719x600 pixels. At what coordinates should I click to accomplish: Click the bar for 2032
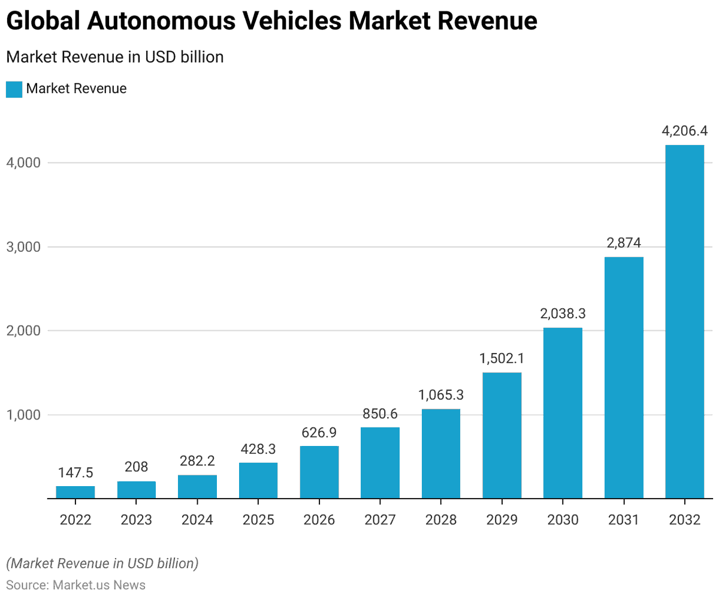pyautogui.click(x=684, y=321)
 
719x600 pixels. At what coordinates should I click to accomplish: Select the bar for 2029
pyautogui.click(x=502, y=435)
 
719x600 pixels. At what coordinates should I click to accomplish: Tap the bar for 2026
pyautogui.click(x=319, y=472)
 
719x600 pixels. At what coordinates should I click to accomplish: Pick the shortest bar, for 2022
pyautogui.click(x=75, y=492)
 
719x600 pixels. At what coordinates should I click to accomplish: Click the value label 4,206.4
pyautogui.click(x=684, y=131)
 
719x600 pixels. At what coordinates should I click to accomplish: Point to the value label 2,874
pyautogui.click(x=624, y=243)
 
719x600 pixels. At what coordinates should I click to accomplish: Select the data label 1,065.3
pyautogui.click(x=441, y=395)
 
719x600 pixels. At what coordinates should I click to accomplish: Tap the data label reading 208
pyautogui.click(x=137, y=467)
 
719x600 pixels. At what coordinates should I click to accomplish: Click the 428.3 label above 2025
pyautogui.click(x=258, y=449)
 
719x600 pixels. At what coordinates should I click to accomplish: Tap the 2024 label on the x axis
pyautogui.click(x=197, y=520)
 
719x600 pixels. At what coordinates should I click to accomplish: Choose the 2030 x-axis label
pyautogui.click(x=563, y=520)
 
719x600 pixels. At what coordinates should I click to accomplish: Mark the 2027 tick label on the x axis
pyautogui.click(x=380, y=520)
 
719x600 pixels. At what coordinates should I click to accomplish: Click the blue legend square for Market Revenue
pyautogui.click(x=14, y=89)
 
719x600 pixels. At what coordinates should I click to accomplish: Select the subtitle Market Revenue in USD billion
pyautogui.click(x=114, y=57)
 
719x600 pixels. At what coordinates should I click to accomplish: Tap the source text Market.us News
pyautogui.click(x=99, y=584)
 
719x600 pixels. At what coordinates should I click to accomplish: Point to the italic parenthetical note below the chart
pyautogui.click(x=102, y=563)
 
